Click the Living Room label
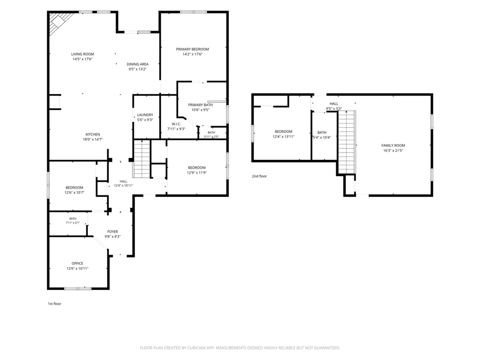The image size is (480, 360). tap(83, 54)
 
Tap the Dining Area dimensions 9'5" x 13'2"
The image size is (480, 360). tap(137, 69)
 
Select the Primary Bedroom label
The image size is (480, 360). tap(192, 49)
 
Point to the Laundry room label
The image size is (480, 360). tap(145, 115)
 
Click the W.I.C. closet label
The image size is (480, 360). tap(176, 124)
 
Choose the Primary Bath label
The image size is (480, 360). tap(201, 105)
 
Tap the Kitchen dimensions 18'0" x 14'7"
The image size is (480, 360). tap(93, 139)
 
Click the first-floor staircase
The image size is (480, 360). tap(142, 159)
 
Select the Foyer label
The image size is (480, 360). tap(113, 232)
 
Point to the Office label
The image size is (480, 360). tap(77, 263)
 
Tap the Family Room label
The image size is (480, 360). tap(393, 145)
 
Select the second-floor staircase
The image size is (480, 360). tap(347, 143)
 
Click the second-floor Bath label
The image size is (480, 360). tap(322, 132)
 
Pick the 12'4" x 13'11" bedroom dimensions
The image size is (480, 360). tap(284, 136)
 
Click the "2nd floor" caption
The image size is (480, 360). tap(259, 176)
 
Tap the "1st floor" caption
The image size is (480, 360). tap(55, 304)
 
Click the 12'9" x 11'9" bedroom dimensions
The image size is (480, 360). tap(197, 173)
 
